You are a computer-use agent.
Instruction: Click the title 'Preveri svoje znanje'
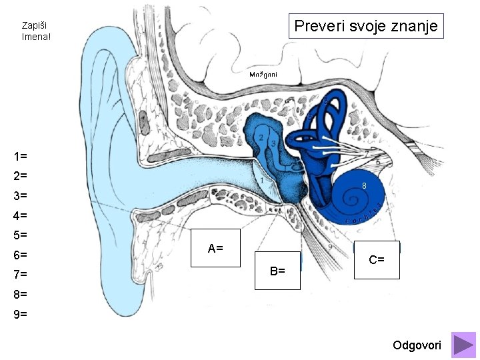pos(365,27)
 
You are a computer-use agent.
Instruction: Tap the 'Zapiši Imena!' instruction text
pos(36,31)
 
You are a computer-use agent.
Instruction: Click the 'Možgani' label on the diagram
pos(263,74)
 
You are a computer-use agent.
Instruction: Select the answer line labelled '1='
pos(20,157)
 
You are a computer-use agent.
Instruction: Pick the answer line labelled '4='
pos(20,216)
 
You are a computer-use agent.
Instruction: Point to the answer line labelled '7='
pos(20,275)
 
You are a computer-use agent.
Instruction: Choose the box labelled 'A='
pos(215,249)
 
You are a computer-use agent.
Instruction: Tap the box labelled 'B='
pos(277,271)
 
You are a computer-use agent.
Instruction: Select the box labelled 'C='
pos(377,260)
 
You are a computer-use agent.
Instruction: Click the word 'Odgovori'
pos(417,345)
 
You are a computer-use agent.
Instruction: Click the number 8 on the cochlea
pos(365,185)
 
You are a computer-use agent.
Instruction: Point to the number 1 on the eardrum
pos(262,180)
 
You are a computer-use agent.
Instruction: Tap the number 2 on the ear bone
pos(261,138)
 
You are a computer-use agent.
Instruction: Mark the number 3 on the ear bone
pos(273,144)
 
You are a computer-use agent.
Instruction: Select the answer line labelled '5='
pos(20,235)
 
